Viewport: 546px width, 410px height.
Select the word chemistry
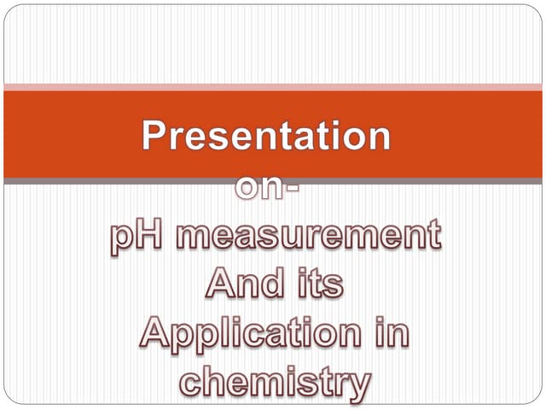[275, 381]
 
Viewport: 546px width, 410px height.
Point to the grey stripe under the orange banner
[273, 181]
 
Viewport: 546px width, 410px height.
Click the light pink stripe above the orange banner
[273, 86]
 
